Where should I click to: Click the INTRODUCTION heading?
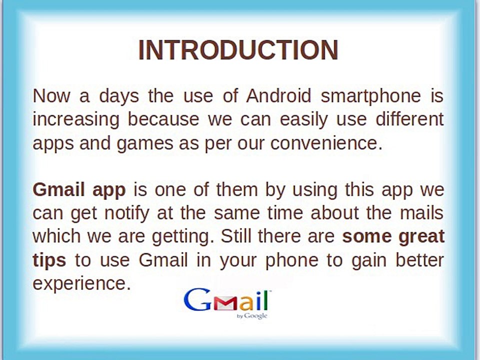click(238, 50)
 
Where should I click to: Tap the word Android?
click(278, 95)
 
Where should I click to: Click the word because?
click(163, 119)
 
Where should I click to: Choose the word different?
click(409, 119)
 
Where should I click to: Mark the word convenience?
click(326, 143)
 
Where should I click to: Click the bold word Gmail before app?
click(59, 190)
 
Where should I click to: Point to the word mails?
click(422, 213)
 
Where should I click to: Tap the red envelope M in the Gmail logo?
click(225, 303)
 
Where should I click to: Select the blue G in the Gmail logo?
click(197, 299)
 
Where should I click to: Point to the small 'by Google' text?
click(252, 315)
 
